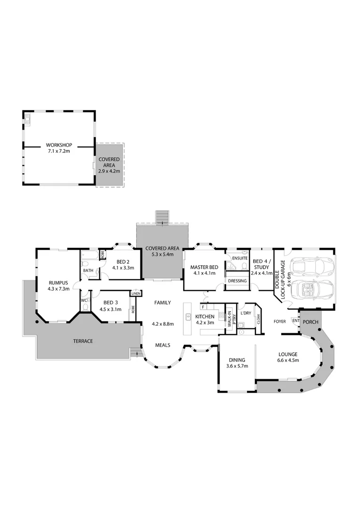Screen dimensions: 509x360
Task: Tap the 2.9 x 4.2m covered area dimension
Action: point(109,171)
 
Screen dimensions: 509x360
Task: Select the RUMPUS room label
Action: point(58,283)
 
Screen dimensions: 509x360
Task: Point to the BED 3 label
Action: point(110,303)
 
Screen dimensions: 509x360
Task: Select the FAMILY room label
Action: point(162,303)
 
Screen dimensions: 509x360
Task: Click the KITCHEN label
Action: point(205,316)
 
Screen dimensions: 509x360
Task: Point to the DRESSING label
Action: point(237,281)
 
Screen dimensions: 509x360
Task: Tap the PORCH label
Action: point(311,322)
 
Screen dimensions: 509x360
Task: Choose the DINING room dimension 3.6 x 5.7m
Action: point(237,366)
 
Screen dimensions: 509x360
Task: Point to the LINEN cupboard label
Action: point(136,294)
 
